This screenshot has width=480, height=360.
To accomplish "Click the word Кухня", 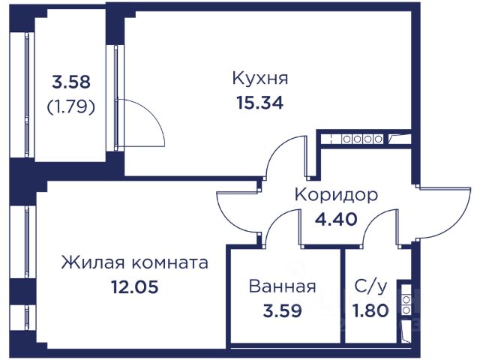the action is (x=260, y=78).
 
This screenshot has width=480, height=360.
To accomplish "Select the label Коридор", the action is (x=335, y=194).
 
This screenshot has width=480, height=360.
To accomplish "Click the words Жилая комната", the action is (x=134, y=263).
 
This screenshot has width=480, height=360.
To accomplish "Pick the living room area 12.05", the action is (x=134, y=286).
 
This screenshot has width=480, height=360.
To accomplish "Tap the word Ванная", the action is (x=282, y=286).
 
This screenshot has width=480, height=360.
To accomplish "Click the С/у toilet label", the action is (x=370, y=286).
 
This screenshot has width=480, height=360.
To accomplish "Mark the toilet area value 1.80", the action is (x=370, y=310).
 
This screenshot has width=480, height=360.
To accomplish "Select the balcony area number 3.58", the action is (x=71, y=82).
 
